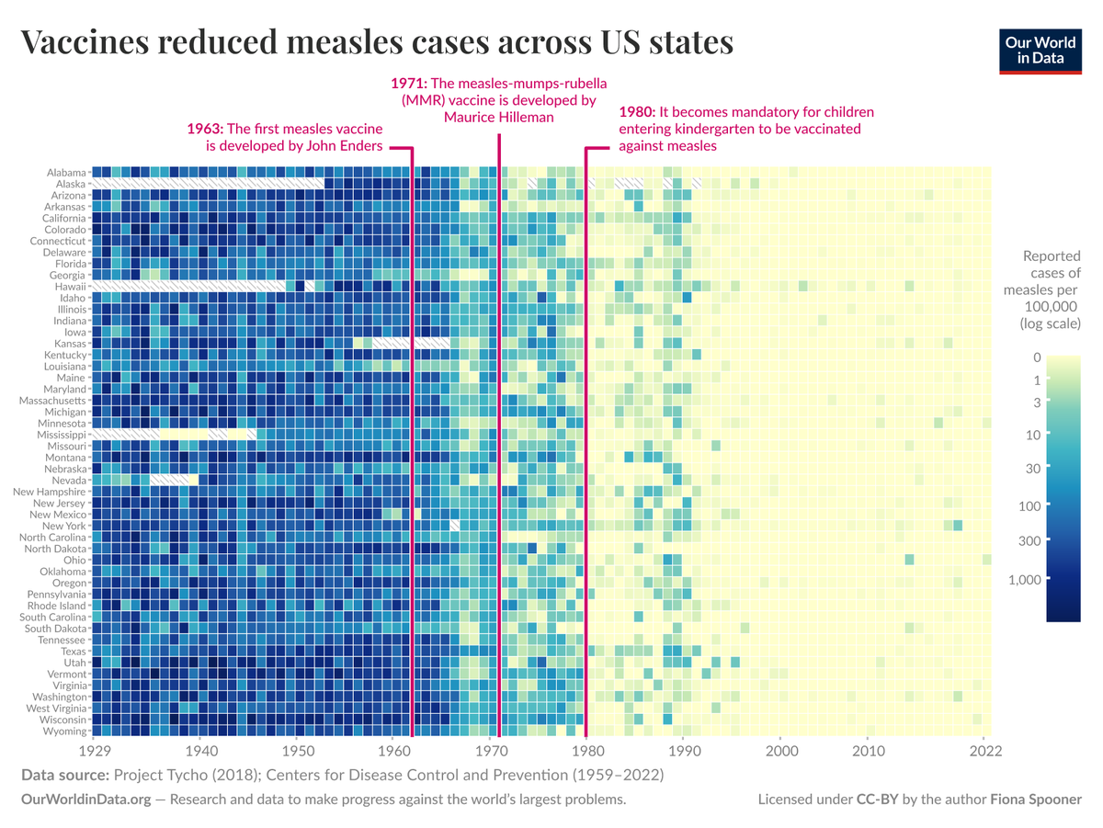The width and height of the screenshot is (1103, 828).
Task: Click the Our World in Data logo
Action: pyautogui.click(x=1040, y=50)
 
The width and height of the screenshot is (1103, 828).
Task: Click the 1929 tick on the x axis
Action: pyautogui.click(x=96, y=750)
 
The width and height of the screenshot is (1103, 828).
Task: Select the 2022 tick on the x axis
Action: pyautogui.click(x=985, y=750)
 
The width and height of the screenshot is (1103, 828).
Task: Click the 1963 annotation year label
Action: pyautogui.click(x=204, y=129)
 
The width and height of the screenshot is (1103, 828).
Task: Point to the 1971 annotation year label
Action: pyautogui.click(x=409, y=83)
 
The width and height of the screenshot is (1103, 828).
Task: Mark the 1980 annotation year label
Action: pyautogui.click(x=636, y=112)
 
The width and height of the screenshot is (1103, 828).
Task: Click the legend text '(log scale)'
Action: pyautogui.click(x=1050, y=323)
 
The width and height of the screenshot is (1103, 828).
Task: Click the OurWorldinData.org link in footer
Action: pyautogui.click(x=85, y=800)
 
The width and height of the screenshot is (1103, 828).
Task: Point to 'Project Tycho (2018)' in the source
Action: pyautogui.click(x=186, y=776)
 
